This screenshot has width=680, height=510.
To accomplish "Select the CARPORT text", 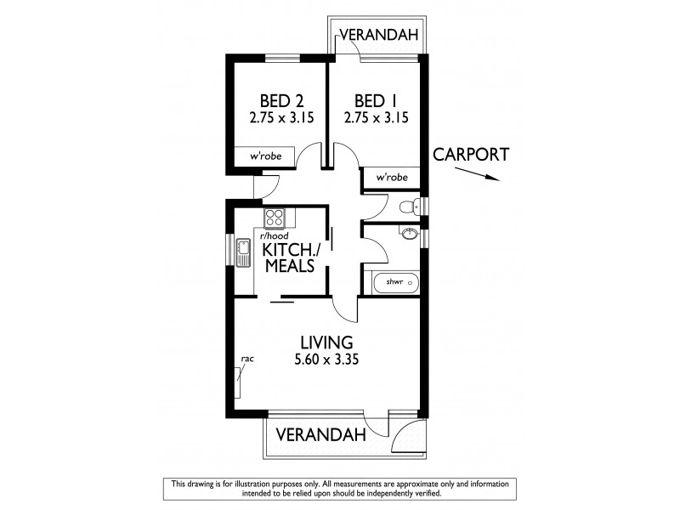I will (471, 155).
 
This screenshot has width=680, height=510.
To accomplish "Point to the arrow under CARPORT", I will (476, 174).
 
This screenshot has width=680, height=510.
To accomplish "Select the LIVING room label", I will (326, 343).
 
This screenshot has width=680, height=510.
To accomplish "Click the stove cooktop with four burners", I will (274, 217).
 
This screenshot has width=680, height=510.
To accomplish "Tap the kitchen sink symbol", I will (243, 252).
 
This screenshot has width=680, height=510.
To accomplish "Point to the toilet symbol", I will (409, 206).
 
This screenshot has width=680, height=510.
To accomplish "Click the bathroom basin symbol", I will (410, 235).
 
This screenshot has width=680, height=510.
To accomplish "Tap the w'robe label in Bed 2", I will (265, 157).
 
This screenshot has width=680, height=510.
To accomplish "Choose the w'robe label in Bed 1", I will (391, 178).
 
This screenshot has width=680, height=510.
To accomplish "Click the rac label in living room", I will (247, 359).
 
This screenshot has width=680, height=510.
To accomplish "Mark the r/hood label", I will (274, 235).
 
